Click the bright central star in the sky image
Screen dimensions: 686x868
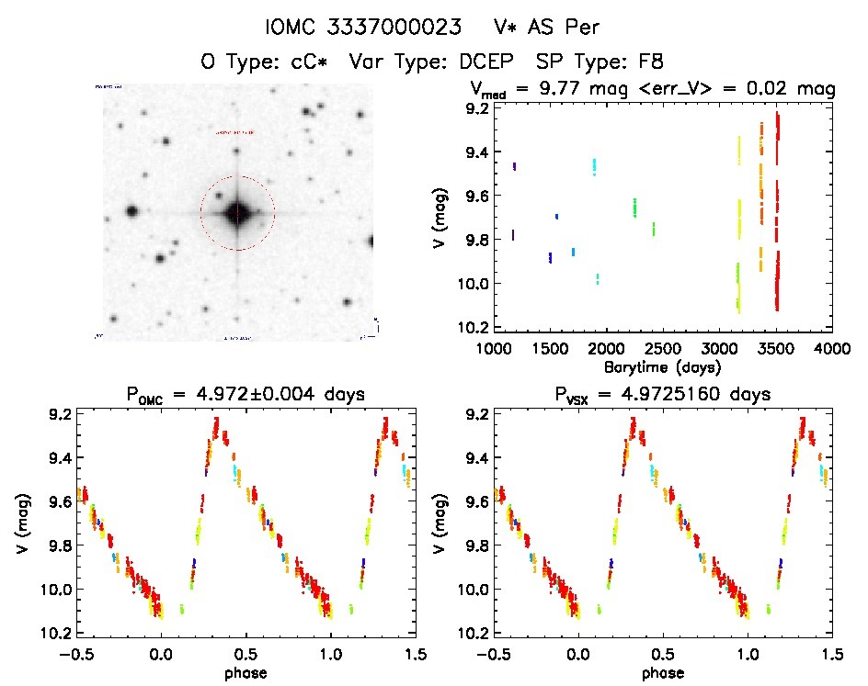[x=237, y=213]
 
